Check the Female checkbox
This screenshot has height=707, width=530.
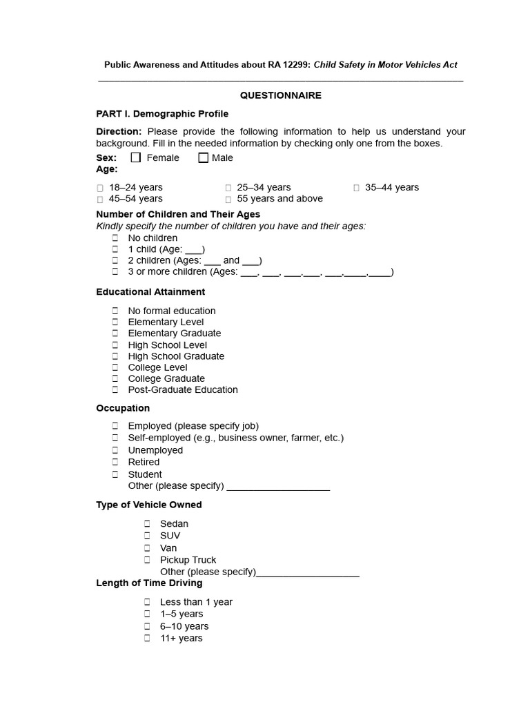click(136, 157)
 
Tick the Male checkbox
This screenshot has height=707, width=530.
click(203, 157)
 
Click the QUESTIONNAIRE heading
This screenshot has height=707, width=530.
click(280, 95)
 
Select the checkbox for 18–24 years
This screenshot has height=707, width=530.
click(100, 188)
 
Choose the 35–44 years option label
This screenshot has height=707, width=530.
click(392, 187)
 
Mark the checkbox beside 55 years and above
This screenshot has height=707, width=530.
click(228, 199)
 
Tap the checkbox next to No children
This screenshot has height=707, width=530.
click(116, 238)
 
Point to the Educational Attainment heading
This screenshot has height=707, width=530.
click(150, 292)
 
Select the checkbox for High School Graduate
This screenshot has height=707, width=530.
click(116, 356)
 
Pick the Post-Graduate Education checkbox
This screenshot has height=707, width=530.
click(116, 390)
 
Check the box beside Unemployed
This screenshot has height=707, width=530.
click(116, 450)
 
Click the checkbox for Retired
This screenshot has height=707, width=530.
click(116, 462)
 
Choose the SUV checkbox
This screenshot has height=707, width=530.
click(148, 536)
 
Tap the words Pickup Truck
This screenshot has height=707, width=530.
click(188, 560)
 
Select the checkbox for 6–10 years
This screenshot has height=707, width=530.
click(148, 626)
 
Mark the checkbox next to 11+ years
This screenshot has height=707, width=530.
click(148, 639)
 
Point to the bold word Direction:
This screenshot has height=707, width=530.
click(119, 131)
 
